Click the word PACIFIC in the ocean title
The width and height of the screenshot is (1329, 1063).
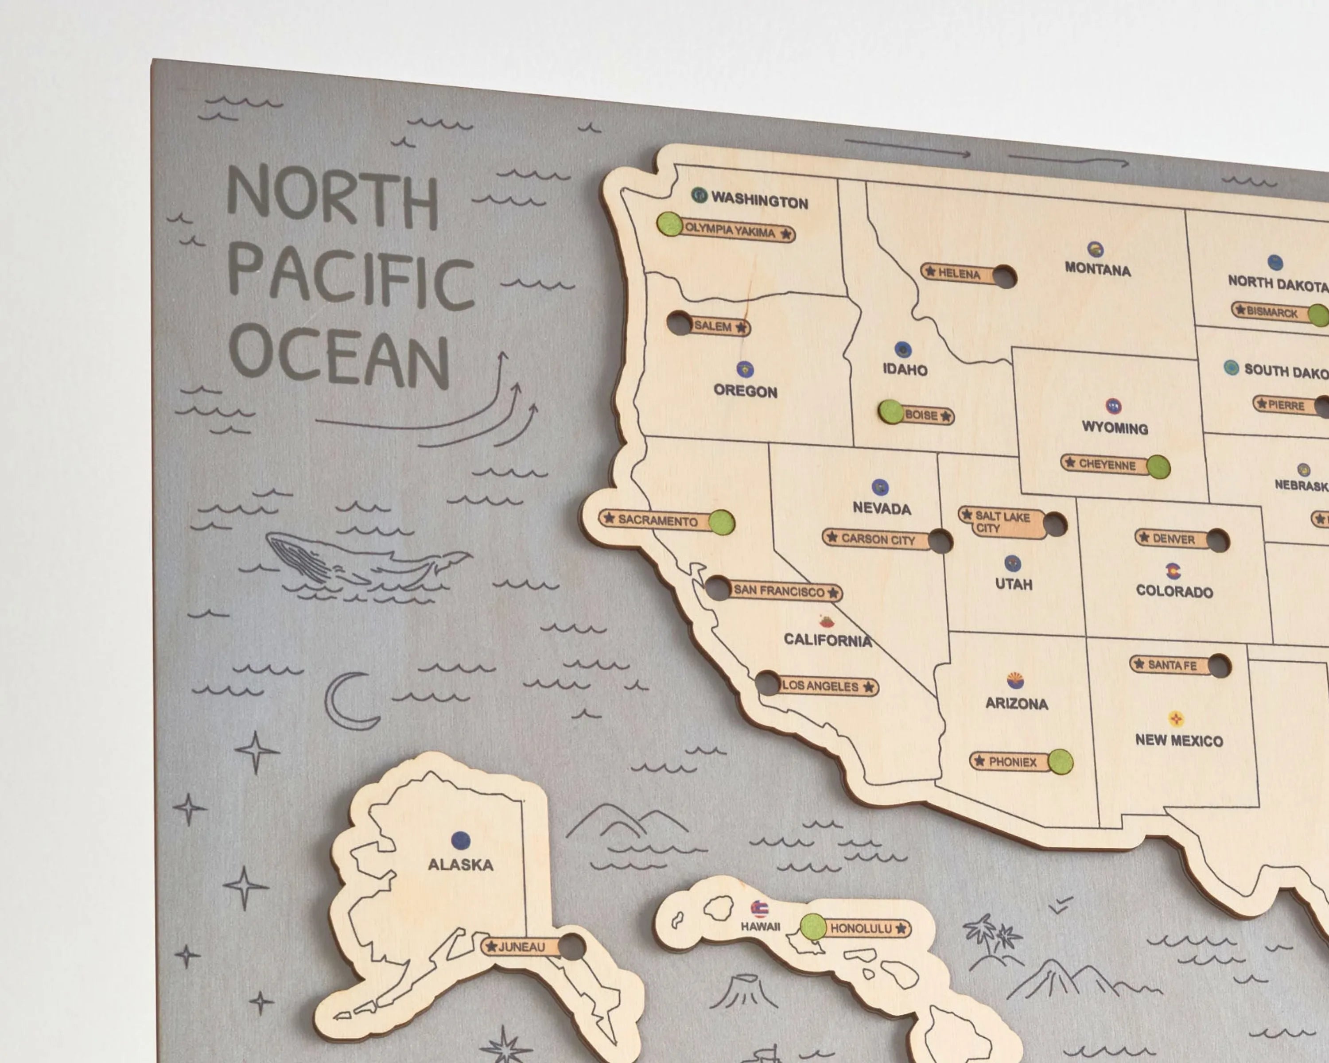click(x=351, y=280)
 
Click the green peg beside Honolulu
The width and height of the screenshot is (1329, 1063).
click(x=813, y=926)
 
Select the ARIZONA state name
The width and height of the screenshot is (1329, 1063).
click(x=1017, y=703)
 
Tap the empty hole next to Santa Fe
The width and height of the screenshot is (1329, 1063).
click(x=1219, y=666)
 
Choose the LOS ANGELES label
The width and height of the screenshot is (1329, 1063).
click(x=820, y=686)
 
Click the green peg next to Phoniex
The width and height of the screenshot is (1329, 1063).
click(x=1060, y=762)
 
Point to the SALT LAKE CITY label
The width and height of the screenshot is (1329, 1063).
click(x=1002, y=522)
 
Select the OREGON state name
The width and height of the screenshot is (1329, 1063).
click(x=745, y=391)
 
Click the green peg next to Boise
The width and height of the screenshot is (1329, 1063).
click(x=891, y=411)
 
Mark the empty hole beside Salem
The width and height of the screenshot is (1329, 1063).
click(x=679, y=323)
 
